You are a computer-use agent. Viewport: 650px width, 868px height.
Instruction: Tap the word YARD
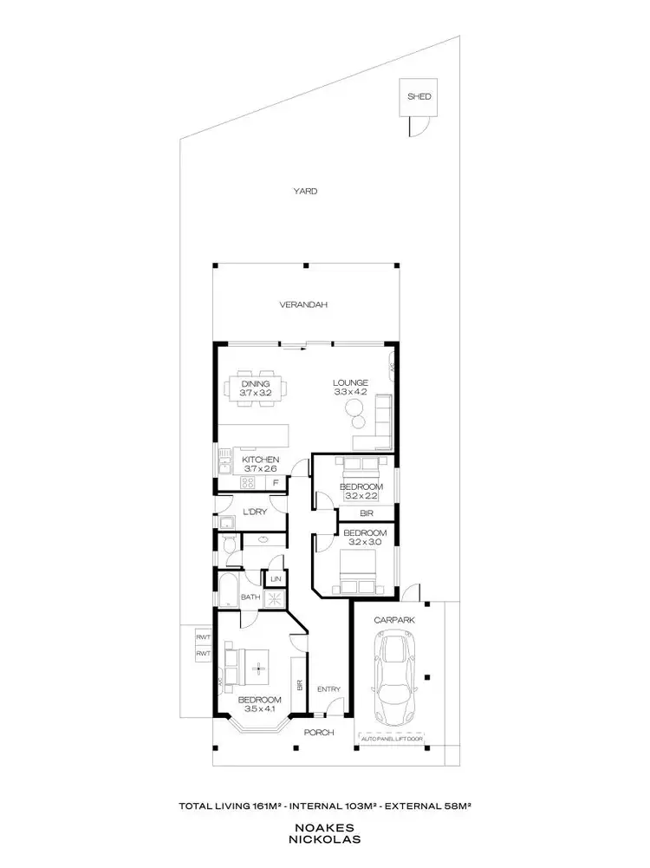click(x=304, y=191)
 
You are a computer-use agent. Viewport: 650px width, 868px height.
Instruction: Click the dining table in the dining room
click(x=256, y=388)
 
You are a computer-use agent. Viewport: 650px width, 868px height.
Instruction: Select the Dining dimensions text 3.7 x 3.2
click(x=256, y=394)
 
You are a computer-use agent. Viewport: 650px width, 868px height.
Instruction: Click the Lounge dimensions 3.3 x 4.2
click(x=352, y=392)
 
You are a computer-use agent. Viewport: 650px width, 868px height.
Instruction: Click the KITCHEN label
click(x=260, y=459)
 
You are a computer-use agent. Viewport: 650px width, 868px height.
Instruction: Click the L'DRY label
click(x=254, y=512)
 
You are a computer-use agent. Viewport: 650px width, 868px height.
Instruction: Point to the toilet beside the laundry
click(x=227, y=544)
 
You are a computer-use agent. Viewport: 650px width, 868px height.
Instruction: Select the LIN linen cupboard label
click(x=276, y=578)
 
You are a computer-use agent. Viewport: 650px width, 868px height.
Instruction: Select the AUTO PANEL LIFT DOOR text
click(x=391, y=739)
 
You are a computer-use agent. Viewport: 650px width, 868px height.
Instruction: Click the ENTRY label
click(x=329, y=690)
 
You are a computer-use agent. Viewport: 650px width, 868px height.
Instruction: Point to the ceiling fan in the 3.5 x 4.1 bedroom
click(x=257, y=668)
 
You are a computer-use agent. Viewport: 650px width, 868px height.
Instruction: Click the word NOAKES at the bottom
click(x=324, y=828)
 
